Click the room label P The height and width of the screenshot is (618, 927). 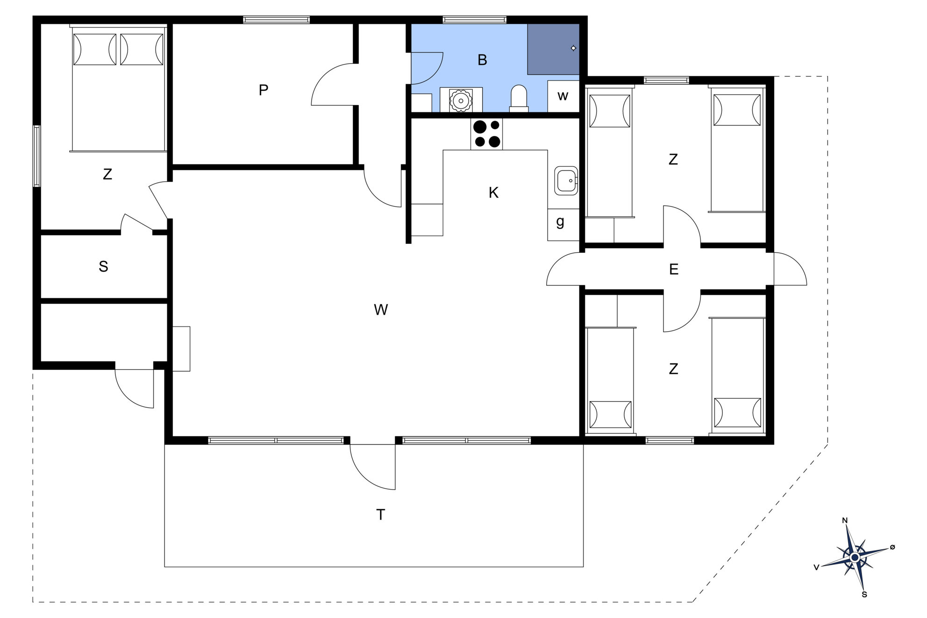264,90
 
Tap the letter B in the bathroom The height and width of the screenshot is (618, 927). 483,60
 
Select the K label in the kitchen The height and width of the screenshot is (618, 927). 493,192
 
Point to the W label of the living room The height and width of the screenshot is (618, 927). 381,309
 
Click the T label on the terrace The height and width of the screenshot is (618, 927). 381,514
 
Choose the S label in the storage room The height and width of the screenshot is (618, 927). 103,266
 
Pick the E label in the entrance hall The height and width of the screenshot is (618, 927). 673,269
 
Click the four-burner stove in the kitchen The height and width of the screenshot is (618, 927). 486,134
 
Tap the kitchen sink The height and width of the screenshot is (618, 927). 566,180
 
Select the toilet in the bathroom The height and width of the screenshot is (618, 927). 519,98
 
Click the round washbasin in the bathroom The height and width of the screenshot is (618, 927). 461,100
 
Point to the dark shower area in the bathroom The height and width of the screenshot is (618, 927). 553,49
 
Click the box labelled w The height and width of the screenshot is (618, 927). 563,96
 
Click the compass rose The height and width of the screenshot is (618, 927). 855,557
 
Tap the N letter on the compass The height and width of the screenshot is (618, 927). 845,520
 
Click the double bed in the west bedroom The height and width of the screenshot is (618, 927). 119,89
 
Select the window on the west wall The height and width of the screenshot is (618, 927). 36,156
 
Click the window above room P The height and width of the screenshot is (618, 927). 276,20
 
